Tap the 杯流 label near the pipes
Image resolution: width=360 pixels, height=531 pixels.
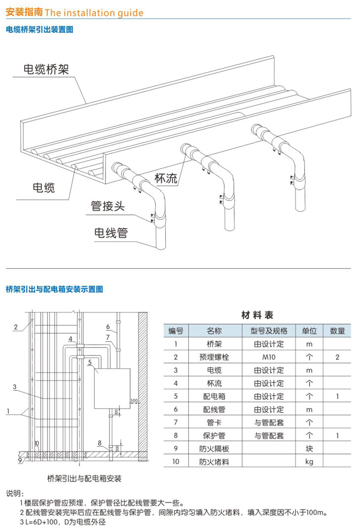166,178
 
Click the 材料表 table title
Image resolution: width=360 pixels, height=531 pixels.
257,315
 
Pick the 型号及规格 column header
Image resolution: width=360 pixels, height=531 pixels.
269,330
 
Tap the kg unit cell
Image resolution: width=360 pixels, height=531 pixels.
310,462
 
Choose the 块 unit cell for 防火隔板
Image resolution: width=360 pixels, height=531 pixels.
310,449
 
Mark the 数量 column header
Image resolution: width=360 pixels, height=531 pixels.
337,330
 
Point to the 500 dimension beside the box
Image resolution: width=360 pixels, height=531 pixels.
133,400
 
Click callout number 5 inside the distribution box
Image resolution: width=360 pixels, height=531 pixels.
89,363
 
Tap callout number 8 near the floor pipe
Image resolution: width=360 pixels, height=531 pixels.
99,443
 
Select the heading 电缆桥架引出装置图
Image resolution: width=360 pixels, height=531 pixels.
39,30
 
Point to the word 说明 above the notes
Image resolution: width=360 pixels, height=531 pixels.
14,494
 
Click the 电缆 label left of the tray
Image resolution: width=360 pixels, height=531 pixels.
43,187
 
